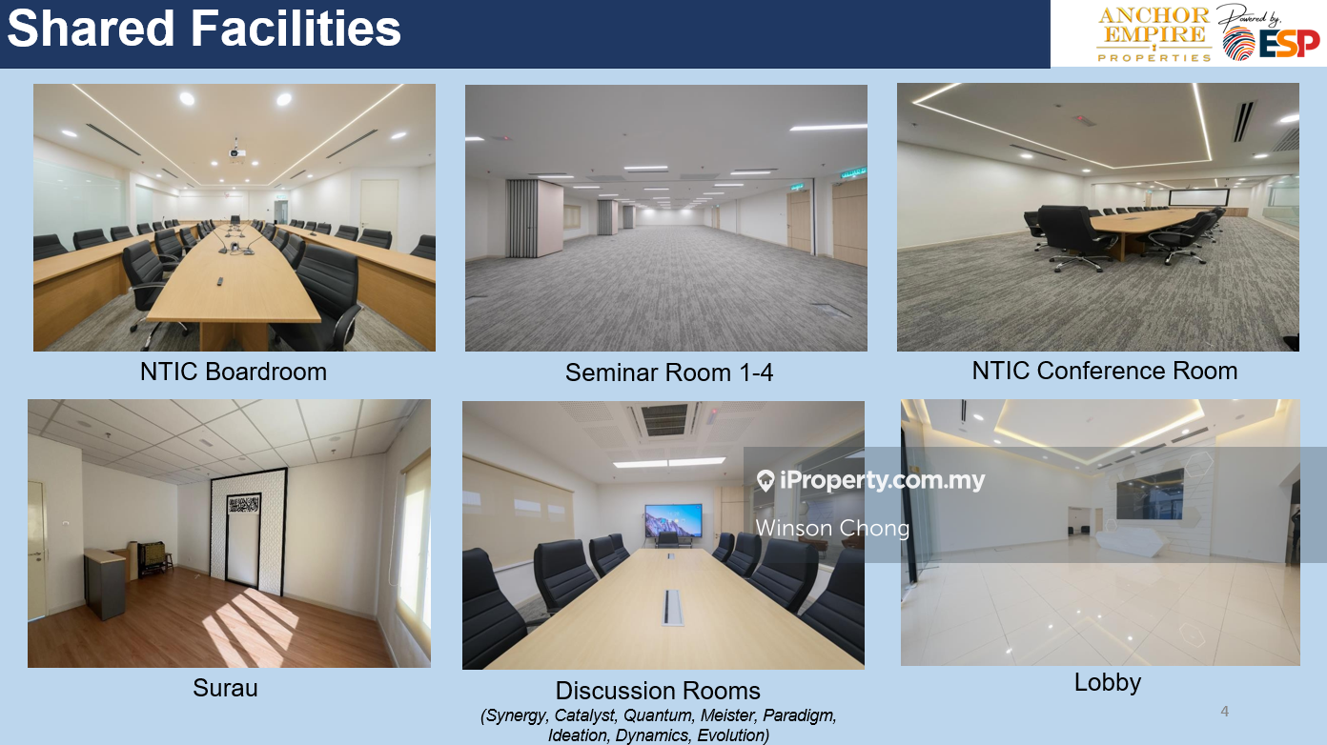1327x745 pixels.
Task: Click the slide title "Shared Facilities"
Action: [204, 29]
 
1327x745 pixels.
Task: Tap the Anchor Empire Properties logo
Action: [1154, 34]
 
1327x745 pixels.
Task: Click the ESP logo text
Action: [1289, 44]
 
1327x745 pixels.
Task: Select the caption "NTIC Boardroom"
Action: [234, 372]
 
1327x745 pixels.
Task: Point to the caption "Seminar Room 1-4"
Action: [669, 373]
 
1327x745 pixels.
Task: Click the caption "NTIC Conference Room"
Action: [1105, 371]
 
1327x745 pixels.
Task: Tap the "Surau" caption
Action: [225, 688]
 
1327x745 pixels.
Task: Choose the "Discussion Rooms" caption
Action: [658, 691]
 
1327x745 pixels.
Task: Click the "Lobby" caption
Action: [1107, 683]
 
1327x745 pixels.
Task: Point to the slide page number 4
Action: [1224, 712]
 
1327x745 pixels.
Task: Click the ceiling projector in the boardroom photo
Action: [236, 151]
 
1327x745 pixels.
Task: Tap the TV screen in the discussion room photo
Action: [673, 520]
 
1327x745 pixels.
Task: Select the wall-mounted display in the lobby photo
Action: [1150, 493]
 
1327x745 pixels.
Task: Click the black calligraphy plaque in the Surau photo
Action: [243, 505]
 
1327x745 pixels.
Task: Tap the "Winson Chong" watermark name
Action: [832, 528]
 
